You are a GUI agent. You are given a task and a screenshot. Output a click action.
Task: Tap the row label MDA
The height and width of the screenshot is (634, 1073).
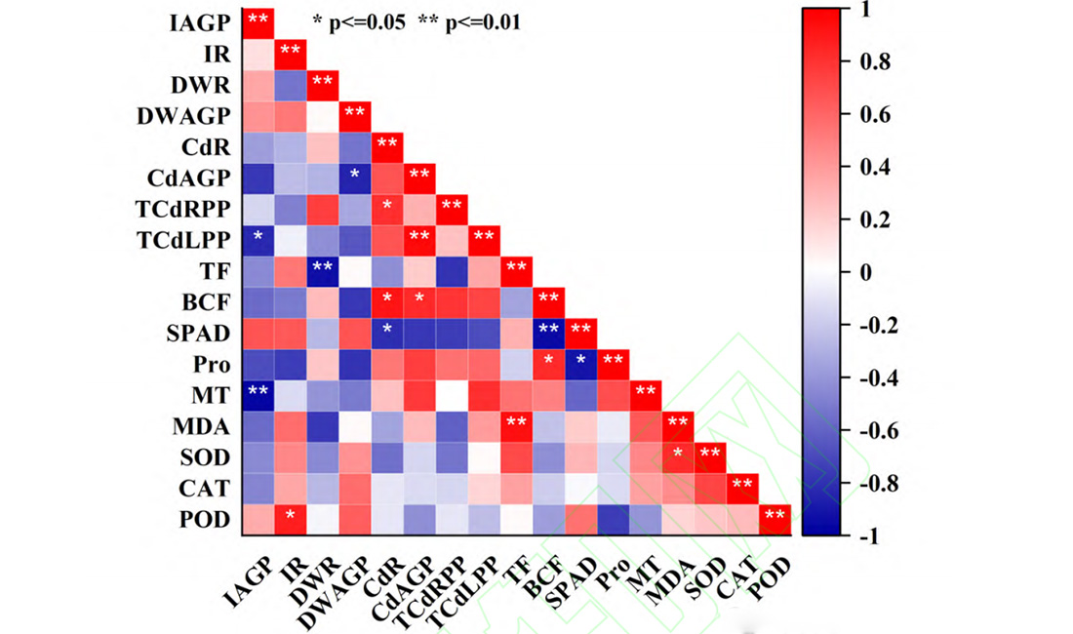(202, 426)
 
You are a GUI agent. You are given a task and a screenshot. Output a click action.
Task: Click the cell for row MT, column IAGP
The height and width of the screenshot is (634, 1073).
(258, 395)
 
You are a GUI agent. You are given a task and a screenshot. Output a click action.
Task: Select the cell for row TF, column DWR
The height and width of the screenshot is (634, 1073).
(322, 269)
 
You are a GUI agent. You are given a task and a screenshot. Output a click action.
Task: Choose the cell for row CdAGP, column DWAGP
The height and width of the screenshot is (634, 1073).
(354, 176)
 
